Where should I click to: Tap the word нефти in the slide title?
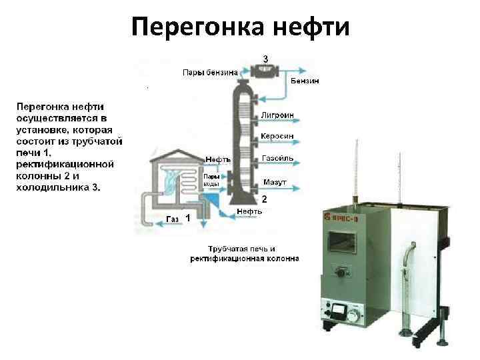[x=311, y=27]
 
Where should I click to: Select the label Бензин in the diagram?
[x=305, y=81]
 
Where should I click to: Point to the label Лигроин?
[x=279, y=115]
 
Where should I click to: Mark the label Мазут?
[x=275, y=181]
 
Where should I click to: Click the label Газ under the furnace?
[x=171, y=219]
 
